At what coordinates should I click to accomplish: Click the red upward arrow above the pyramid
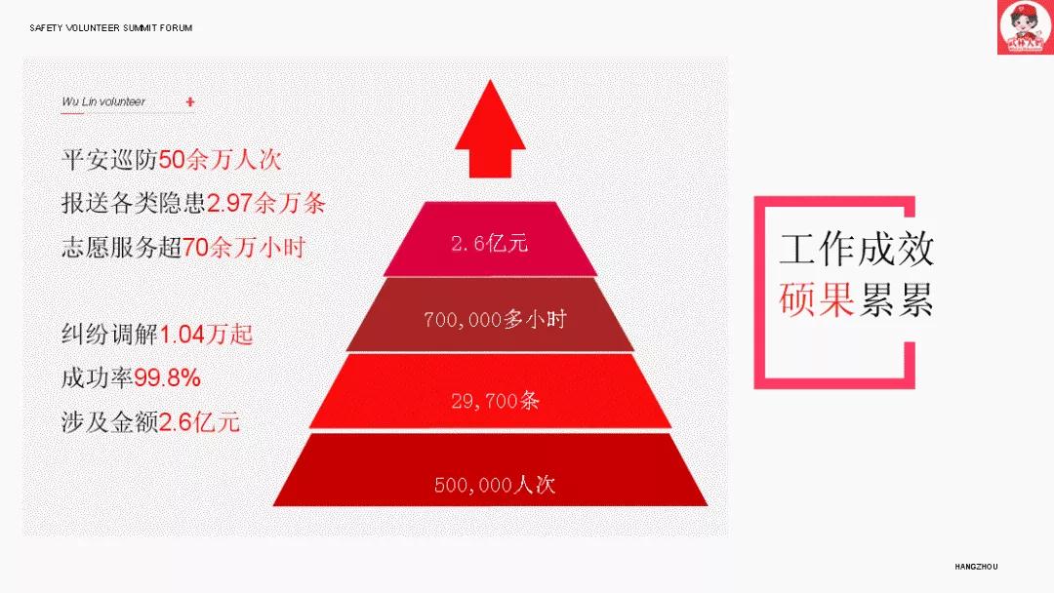[490, 129]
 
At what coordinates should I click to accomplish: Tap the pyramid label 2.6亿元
[489, 243]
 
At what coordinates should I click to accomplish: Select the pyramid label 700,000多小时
[495, 319]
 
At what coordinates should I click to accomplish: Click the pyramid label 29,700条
[495, 401]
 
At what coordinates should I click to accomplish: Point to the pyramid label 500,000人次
[495, 484]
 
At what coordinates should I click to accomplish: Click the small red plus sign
[190, 102]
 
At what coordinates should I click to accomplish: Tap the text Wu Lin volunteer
[103, 101]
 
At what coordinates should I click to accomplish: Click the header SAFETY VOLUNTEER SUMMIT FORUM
[111, 28]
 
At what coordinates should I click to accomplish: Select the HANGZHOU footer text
[976, 567]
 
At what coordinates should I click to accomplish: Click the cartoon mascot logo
[1025, 27]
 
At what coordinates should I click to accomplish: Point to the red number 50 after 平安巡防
[172, 160]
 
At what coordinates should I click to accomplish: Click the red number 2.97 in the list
[229, 203]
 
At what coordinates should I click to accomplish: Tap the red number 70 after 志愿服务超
[195, 247]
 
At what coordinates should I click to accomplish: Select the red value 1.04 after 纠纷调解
[182, 335]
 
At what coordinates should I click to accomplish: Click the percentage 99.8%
[168, 378]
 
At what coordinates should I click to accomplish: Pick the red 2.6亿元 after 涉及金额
[200, 421]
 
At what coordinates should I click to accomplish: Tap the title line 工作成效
[857, 249]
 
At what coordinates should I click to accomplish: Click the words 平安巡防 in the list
[109, 160]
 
